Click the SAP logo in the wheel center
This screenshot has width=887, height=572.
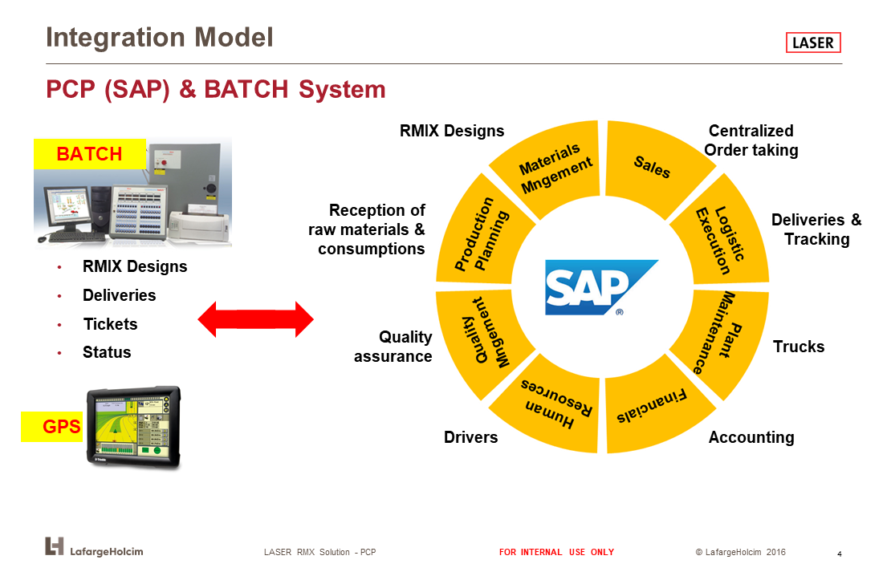[601, 287]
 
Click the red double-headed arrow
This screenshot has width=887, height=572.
[256, 319]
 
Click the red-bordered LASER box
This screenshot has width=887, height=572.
[813, 43]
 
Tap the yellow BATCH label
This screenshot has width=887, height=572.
[89, 154]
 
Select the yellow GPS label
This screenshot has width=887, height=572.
[52, 426]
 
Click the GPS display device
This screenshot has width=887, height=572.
[133, 427]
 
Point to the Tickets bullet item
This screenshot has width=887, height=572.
[110, 324]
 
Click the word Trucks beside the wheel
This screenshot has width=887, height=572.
[799, 347]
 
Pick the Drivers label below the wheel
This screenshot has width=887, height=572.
[470, 437]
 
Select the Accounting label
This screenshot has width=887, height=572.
[751, 437]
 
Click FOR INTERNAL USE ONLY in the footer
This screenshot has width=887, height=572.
[556, 552]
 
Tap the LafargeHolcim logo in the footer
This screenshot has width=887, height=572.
[94, 547]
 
